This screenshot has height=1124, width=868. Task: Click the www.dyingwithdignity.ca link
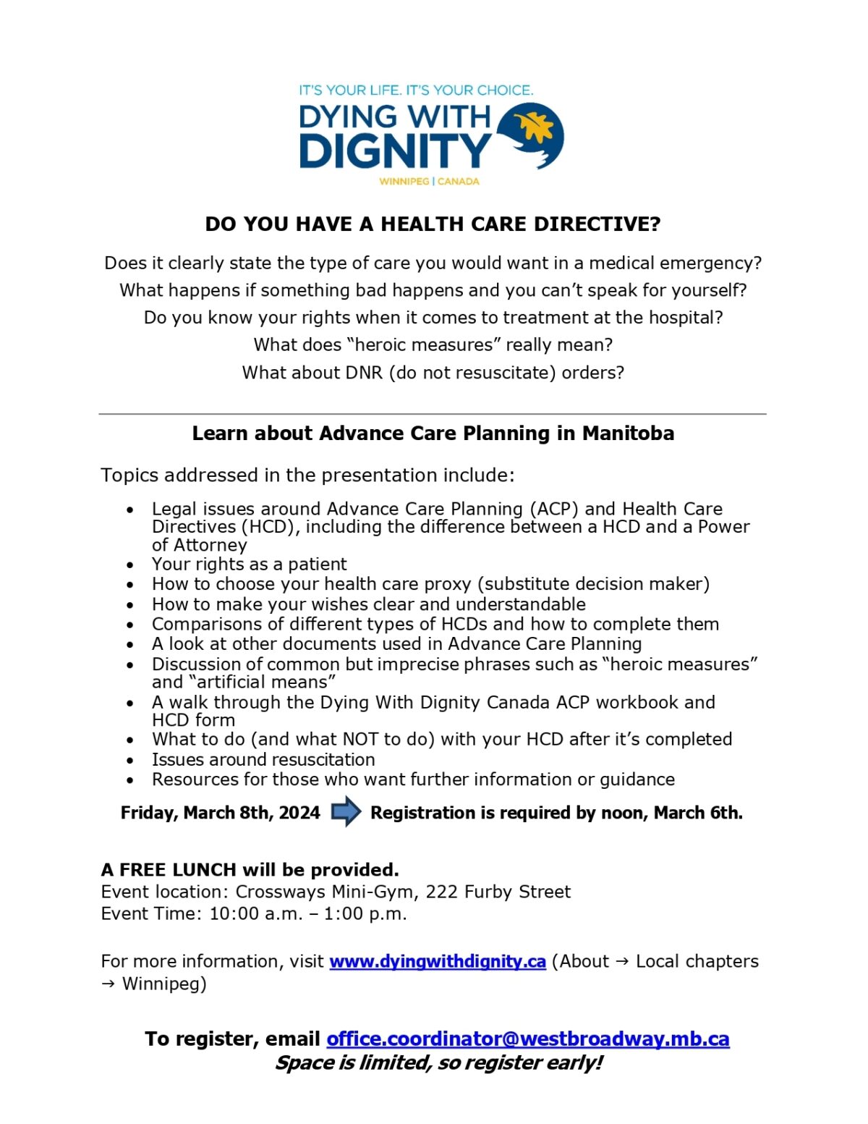coord(437,961)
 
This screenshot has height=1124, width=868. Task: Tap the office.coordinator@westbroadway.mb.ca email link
coord(527,1039)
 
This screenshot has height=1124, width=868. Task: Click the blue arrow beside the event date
coord(346,811)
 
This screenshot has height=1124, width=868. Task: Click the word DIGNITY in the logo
coord(395,151)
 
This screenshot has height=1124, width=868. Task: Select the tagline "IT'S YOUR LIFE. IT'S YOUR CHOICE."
coord(416,90)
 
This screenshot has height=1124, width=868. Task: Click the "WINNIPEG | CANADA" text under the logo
coord(429,181)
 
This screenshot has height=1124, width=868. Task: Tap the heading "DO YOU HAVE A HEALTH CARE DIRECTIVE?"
coord(433,224)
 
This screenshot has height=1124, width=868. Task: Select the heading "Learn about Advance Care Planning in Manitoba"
coord(433,434)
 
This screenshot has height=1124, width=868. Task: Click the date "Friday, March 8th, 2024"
coord(220,813)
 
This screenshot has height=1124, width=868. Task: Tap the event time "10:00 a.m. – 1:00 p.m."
coord(307,913)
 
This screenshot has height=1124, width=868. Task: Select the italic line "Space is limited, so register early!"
coord(438,1062)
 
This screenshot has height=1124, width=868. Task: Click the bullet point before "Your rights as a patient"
coord(129,565)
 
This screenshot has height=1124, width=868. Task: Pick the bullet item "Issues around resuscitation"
coord(263,759)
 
